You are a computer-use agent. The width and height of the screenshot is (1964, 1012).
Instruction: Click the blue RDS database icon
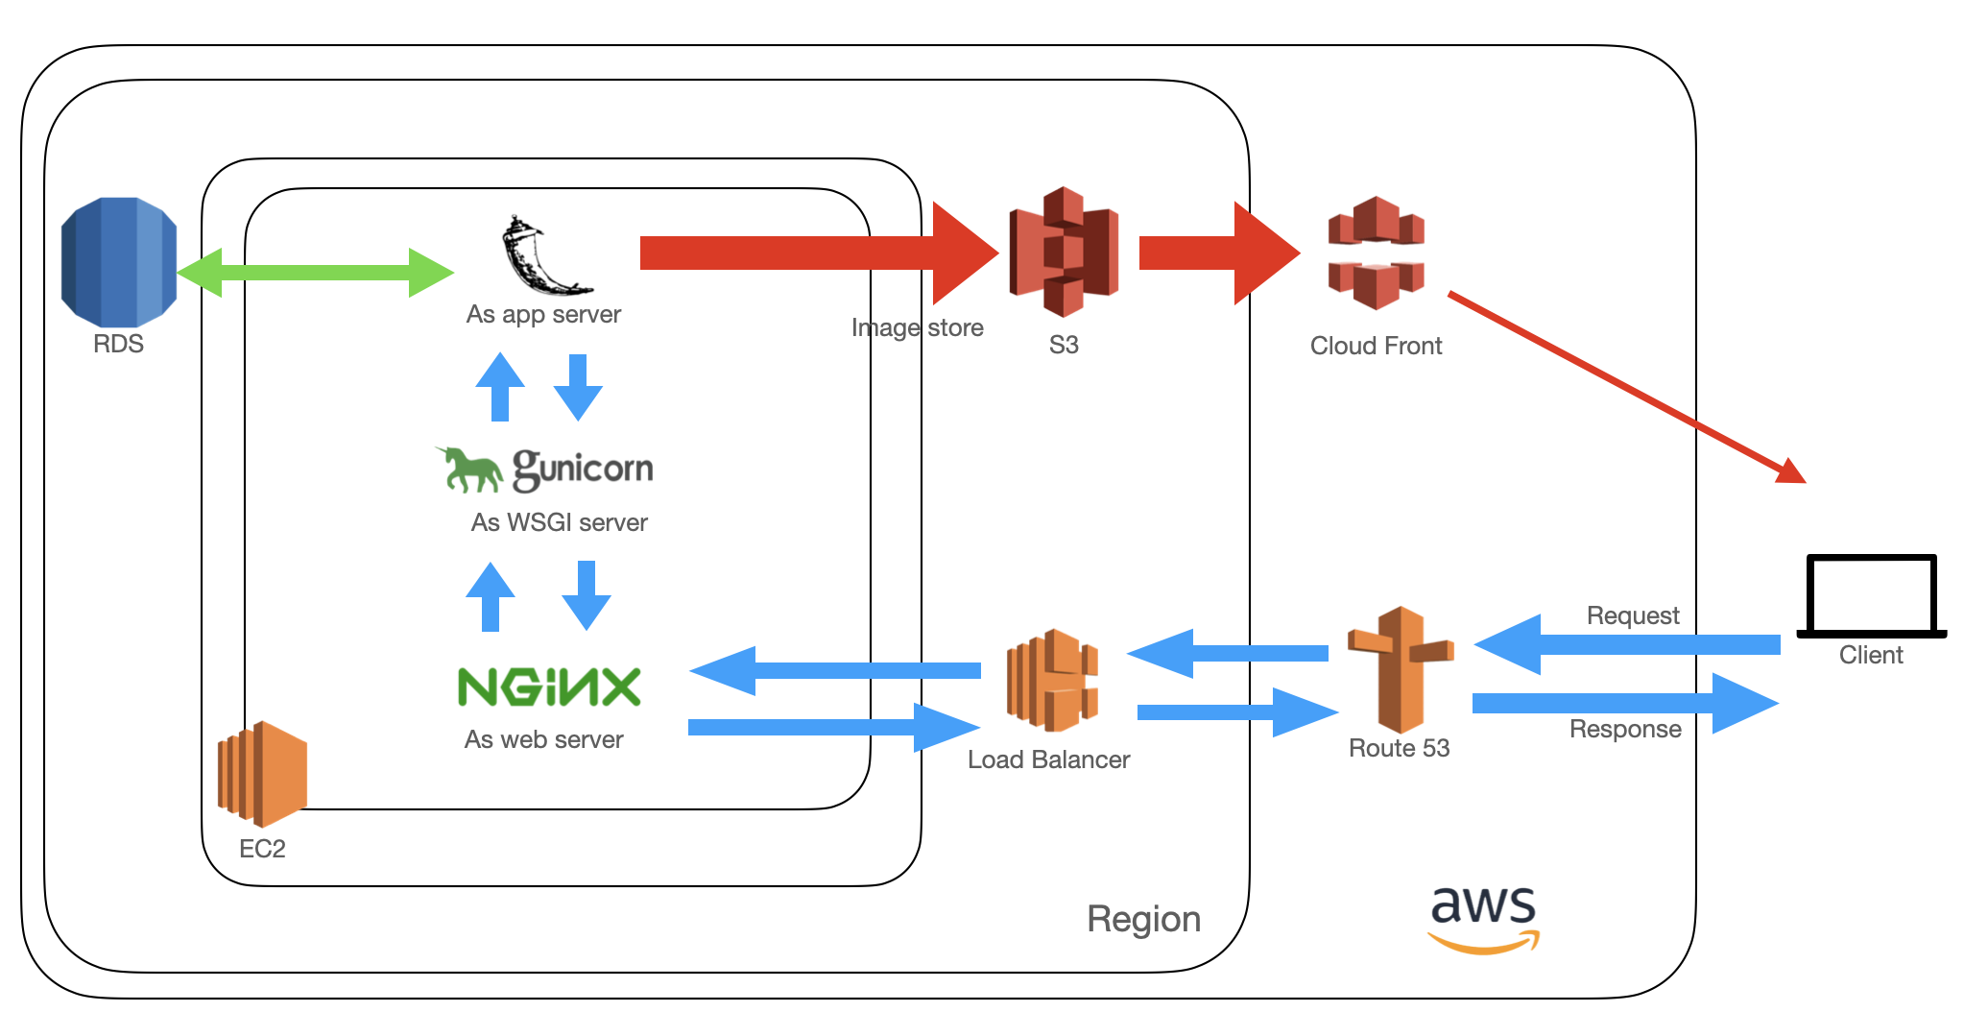point(118,261)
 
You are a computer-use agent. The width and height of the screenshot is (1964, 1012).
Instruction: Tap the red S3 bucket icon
point(1064,252)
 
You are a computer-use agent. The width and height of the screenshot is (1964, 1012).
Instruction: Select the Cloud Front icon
point(1376,253)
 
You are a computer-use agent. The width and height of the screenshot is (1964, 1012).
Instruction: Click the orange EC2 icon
point(262,774)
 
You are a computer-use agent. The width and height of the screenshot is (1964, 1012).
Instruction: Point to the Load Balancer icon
point(1051,680)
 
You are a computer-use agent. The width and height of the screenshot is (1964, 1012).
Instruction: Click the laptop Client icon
point(1871,596)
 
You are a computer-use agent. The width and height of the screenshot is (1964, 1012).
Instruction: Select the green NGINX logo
point(549,687)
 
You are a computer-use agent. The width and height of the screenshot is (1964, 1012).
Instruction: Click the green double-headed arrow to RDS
point(315,273)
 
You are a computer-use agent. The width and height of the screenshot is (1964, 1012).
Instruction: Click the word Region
point(1143,919)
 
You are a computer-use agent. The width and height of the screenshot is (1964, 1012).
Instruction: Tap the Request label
point(1632,615)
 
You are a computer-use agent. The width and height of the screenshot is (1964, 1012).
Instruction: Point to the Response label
point(1624,729)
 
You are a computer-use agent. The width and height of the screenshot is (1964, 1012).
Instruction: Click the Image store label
point(917,327)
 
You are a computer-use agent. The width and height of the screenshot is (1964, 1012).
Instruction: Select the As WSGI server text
point(559,522)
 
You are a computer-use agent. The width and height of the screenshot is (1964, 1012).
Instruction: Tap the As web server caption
point(543,739)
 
